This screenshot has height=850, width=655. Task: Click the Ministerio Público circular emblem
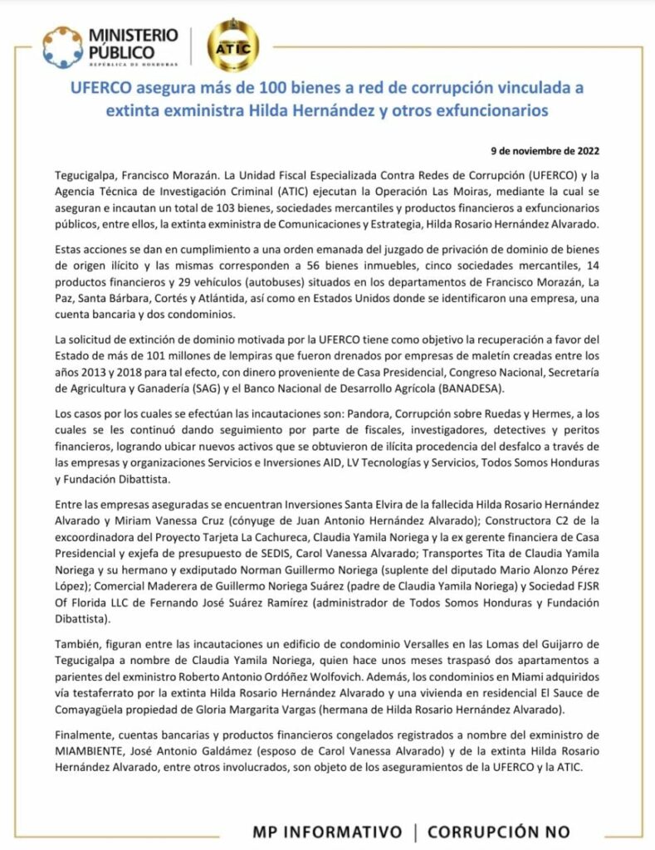tap(62, 46)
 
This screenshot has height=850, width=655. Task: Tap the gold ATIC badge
tap(232, 47)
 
